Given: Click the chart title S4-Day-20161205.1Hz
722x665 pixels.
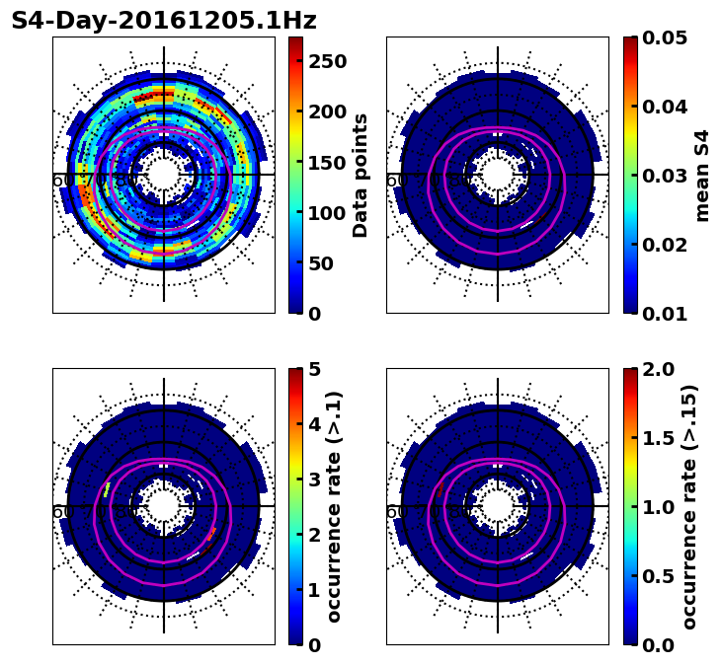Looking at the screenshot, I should pos(164,20).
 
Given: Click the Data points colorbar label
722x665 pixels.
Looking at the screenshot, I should pos(361,175).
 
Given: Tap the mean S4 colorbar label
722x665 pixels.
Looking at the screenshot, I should pos(702,175).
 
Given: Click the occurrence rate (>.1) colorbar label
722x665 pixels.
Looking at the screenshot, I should pos(334,506).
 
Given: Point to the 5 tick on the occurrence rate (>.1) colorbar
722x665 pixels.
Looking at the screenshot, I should pos(314,369).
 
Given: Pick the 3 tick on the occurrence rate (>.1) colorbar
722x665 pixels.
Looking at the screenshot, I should pos(314,480).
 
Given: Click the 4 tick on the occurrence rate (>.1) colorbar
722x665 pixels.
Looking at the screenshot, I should pos(314,424).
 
